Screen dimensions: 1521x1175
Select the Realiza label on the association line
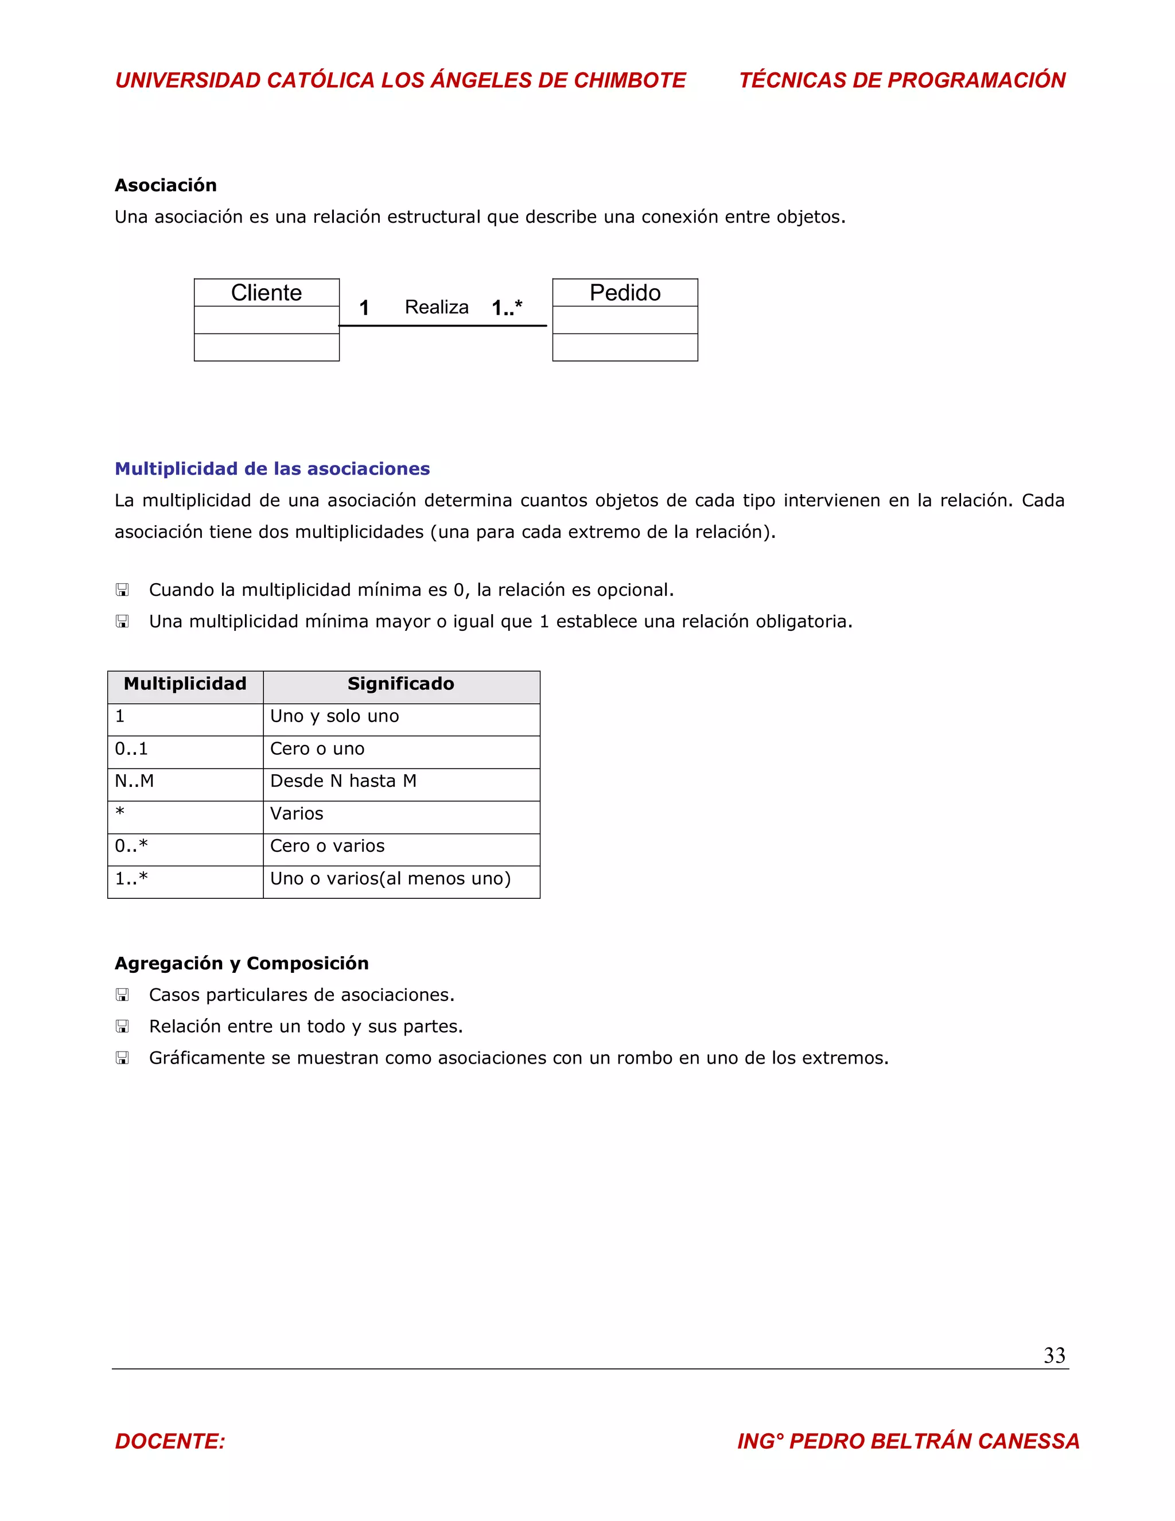pos(437,307)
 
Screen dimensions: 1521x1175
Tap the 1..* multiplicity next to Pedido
pos(507,307)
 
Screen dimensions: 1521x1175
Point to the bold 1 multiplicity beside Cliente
pos(364,308)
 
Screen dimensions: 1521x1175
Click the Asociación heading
pos(166,185)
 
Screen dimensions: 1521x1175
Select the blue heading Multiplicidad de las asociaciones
pos(272,469)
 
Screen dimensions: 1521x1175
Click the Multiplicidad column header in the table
pos(185,684)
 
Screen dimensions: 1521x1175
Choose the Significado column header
pos(401,684)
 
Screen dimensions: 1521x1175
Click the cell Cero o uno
pos(317,748)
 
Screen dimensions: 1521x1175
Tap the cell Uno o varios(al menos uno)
pos(391,878)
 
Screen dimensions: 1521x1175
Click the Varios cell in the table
pos(297,813)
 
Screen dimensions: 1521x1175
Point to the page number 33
pos(1054,1355)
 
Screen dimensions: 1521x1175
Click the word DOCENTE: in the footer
pos(170,1441)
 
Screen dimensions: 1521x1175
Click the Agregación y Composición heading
pos(242,963)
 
